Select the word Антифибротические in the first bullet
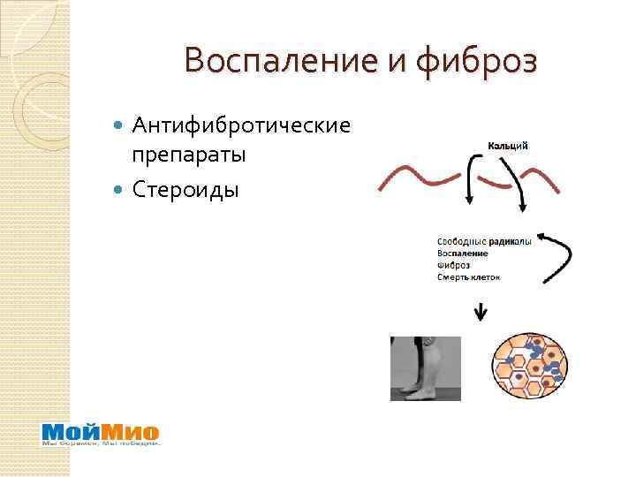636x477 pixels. pyautogui.click(x=241, y=126)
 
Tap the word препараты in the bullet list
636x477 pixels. pyautogui.click(x=188, y=156)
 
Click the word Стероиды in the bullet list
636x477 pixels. pyautogui.click(x=185, y=189)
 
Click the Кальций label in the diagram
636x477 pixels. pyautogui.click(x=508, y=146)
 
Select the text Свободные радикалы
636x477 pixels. pyautogui.click(x=483, y=240)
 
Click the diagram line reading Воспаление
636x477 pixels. pyautogui.click(x=462, y=253)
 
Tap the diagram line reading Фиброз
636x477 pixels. pyautogui.click(x=453, y=265)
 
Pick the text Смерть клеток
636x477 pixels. pyautogui.click(x=468, y=277)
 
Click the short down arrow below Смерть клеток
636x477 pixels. pyautogui.click(x=481, y=312)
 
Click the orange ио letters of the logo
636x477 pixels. pyautogui.click(x=143, y=432)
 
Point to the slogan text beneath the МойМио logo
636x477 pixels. pyautogui.click(x=101, y=443)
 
